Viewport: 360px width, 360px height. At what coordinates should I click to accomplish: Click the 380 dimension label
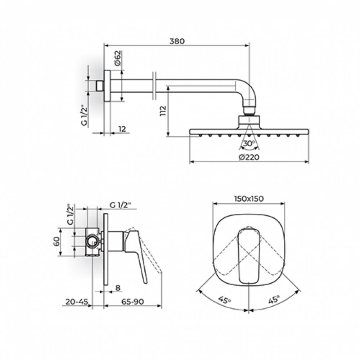coord(177,41)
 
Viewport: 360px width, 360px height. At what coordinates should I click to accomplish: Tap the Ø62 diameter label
coord(117,58)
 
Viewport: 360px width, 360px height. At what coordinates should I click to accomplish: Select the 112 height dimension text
coord(163,111)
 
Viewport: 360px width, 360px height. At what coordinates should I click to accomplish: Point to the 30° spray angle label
coord(249,144)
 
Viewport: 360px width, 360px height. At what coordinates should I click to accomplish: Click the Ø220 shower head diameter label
coord(249,157)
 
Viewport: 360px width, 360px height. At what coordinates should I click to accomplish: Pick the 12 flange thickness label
coord(122,129)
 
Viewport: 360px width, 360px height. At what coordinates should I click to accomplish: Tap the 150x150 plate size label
coord(249,198)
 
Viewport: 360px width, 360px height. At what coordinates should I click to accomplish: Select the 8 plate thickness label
coord(118,288)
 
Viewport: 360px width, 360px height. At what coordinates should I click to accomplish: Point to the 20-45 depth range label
coord(77,301)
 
